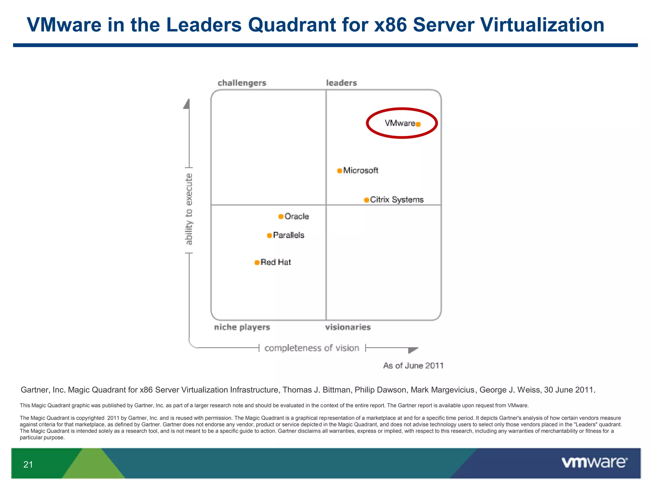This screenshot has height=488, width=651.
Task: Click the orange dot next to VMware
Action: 418,124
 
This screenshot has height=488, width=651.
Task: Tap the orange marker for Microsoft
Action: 339,171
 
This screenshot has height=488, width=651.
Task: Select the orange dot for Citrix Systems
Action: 367,200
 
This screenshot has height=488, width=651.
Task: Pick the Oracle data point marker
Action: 281,217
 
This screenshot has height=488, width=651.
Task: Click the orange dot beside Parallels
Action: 269,235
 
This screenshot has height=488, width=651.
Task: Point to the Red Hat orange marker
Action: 257,262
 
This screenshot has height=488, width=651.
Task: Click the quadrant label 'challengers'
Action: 242,83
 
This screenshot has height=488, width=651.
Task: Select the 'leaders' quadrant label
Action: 341,83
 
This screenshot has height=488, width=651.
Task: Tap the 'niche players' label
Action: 242,327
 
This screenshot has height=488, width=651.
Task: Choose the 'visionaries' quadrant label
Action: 348,327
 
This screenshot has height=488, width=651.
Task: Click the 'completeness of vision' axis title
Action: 312,348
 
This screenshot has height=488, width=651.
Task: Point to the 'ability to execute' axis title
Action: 189,209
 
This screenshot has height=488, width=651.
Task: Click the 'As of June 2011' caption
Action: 413,366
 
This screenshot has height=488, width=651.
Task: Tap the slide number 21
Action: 28,464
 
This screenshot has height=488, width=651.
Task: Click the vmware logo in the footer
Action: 594,462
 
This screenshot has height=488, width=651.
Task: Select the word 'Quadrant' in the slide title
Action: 292,25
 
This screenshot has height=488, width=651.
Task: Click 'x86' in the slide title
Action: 390,25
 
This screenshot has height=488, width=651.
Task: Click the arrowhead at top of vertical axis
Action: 187,104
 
